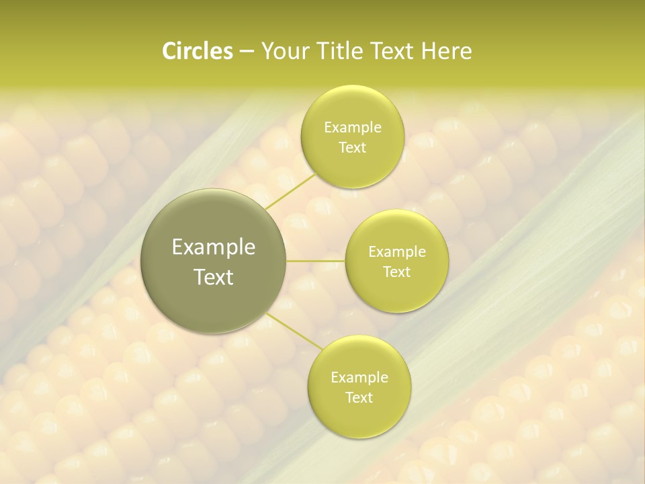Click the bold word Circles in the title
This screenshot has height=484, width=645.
[x=197, y=51]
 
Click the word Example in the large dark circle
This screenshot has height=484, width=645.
[x=214, y=247]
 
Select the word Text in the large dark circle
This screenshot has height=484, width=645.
[x=214, y=277]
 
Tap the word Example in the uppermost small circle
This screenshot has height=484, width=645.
[x=352, y=128]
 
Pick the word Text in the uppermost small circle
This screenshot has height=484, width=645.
[x=352, y=148]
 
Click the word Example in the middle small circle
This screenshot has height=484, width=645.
[x=396, y=252]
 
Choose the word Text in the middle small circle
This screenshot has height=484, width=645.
[x=396, y=272]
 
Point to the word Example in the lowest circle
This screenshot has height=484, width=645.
[x=359, y=378]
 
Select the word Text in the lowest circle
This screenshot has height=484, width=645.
[x=359, y=398]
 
